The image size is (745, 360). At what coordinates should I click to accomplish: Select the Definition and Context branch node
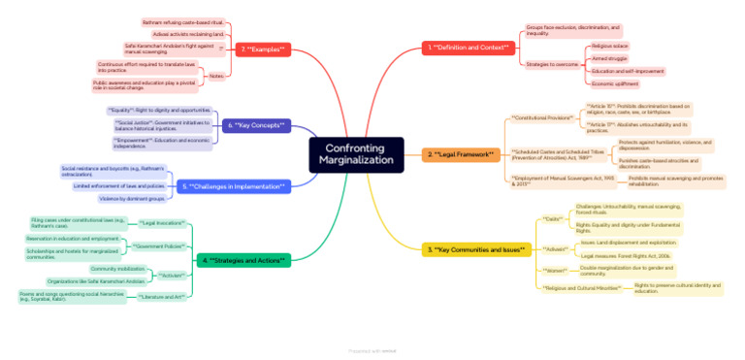[x=469, y=48]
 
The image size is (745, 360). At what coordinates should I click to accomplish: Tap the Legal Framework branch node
[x=461, y=154]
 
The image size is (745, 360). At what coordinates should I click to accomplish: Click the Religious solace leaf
[x=609, y=46]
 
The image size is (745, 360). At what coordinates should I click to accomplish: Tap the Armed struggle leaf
[x=607, y=58]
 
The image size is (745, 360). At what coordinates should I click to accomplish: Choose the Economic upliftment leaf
[x=614, y=83]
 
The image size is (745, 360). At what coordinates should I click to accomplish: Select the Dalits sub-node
[x=553, y=220]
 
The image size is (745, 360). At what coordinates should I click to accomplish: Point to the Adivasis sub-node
[x=556, y=249]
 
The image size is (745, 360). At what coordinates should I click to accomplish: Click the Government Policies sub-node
[x=160, y=245]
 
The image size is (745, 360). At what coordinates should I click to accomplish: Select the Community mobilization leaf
[x=117, y=269]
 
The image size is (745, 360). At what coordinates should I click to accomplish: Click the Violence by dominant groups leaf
[x=132, y=198]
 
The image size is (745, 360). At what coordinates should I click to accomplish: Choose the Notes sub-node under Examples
[x=215, y=76]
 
